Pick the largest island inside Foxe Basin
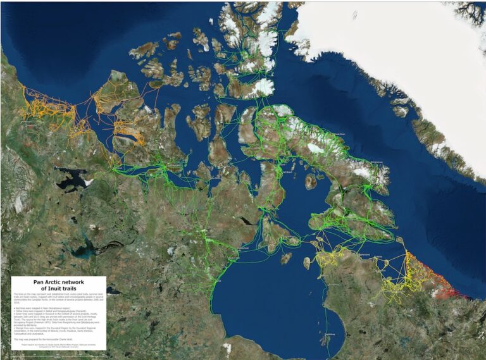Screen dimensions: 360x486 point(311,181)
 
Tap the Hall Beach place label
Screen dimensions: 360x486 point(286,171)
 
